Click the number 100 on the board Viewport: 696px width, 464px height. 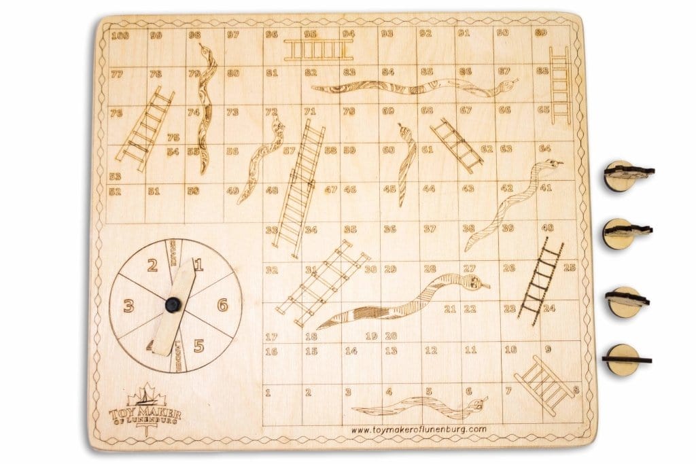pos(120,35)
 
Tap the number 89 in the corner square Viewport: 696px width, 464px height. pos(542,33)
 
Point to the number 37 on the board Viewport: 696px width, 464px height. pos(430,229)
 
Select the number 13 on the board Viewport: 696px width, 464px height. pos(391,351)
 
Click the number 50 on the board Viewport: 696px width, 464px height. pos(194,191)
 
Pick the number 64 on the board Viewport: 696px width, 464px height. pos(545,148)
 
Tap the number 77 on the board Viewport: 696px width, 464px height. pos(116,74)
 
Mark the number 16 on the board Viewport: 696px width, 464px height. pos(271,351)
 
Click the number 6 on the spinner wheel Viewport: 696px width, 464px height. pos(222,305)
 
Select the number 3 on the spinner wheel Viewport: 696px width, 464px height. pos(128,306)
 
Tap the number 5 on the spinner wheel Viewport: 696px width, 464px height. pos(198,346)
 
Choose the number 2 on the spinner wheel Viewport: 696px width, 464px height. pos(153,265)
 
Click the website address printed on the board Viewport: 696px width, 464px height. pos(419,429)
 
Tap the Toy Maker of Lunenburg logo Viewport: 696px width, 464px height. pos(145,408)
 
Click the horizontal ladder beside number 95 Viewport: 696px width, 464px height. pos(318,50)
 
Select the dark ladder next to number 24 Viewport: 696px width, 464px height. pos(540,279)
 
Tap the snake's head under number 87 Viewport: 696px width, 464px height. pos(506,85)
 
